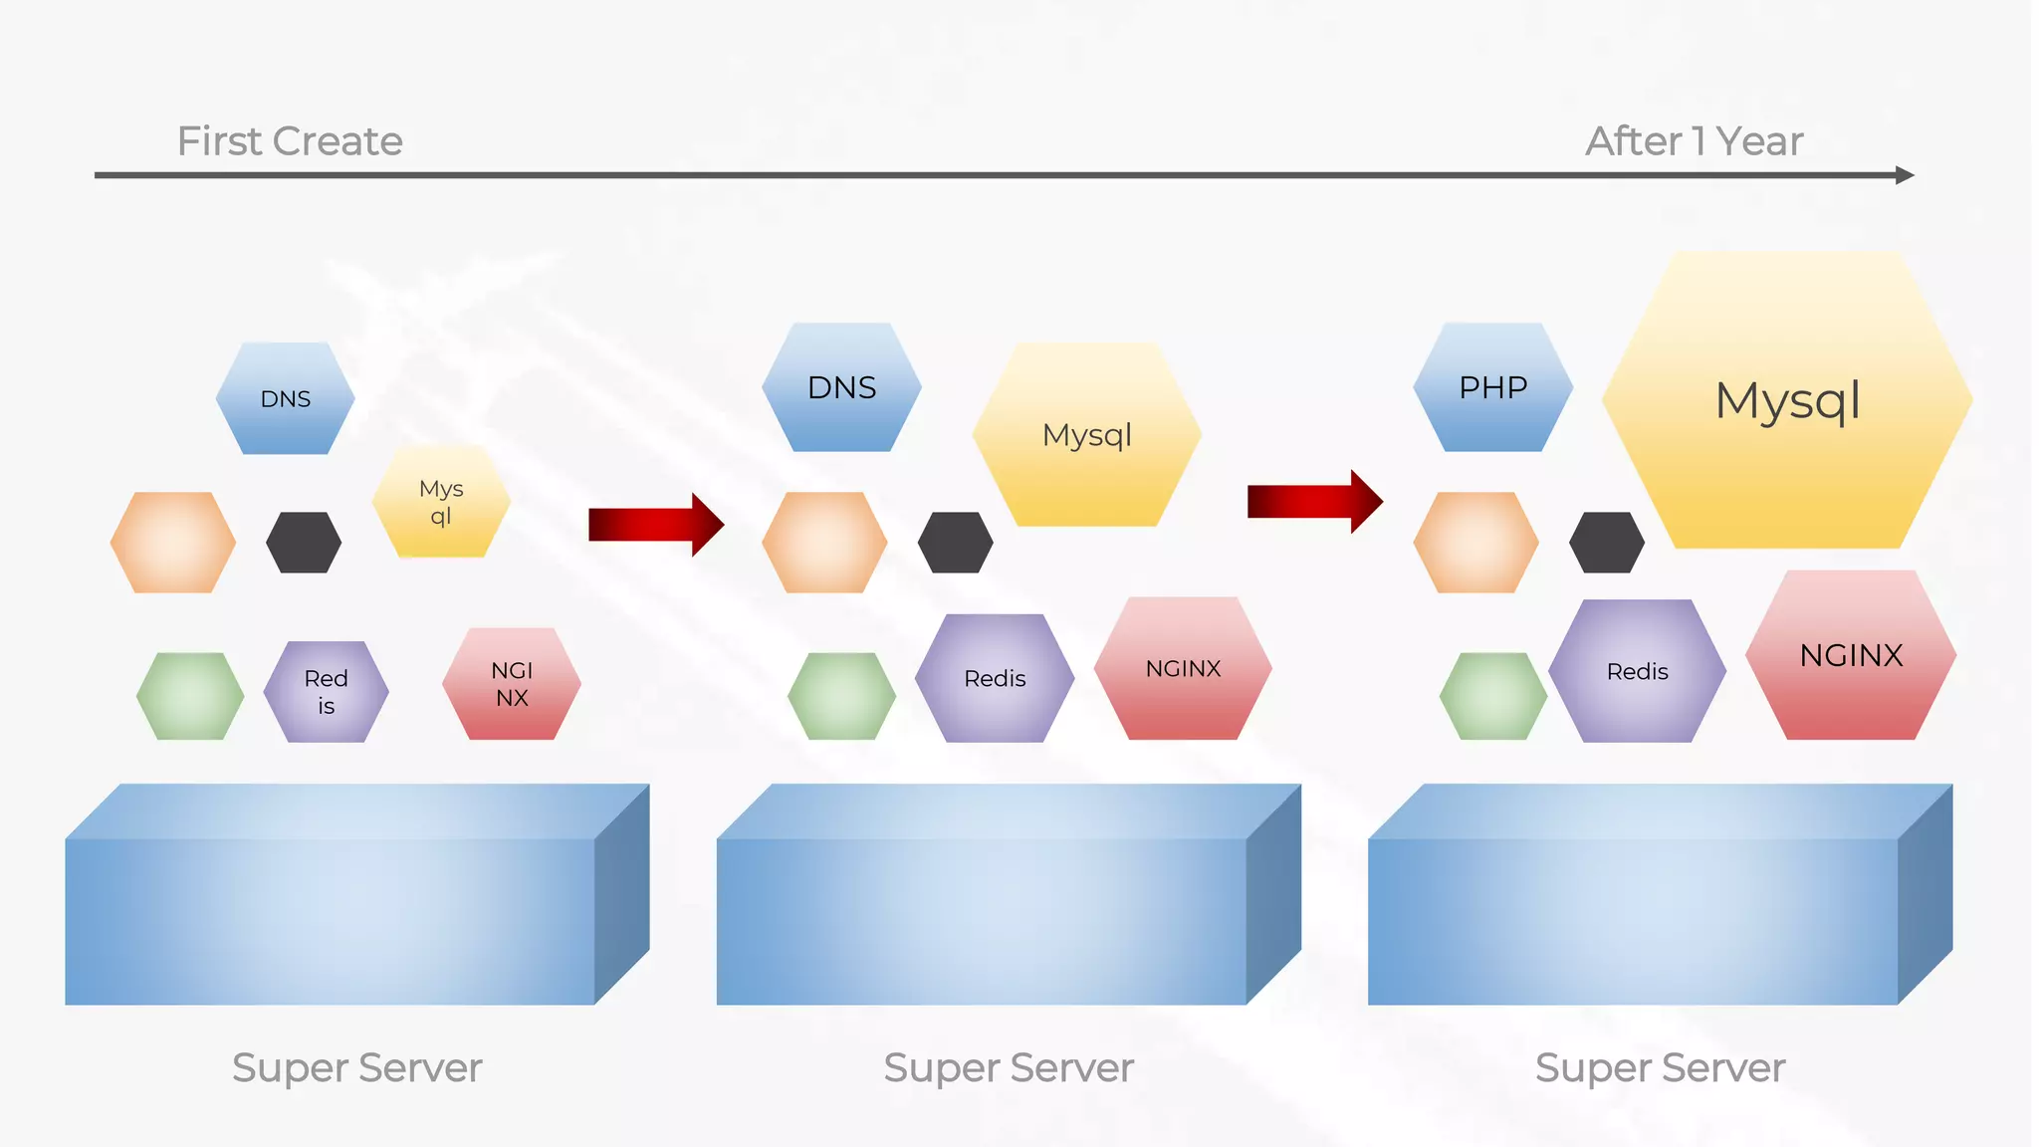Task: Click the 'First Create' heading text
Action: tap(290, 141)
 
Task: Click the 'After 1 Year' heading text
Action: tap(1694, 141)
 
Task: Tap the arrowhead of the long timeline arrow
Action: tap(1904, 175)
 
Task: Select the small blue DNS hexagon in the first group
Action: tap(286, 398)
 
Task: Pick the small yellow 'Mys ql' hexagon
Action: tap(441, 502)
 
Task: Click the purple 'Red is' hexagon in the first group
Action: tap(327, 692)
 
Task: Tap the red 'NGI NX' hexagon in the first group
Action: tap(512, 684)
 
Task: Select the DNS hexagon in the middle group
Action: tap(841, 387)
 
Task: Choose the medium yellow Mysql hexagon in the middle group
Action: tap(1086, 435)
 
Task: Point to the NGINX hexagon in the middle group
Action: tap(1183, 669)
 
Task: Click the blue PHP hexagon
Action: tap(1492, 387)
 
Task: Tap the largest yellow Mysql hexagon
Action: tap(1787, 400)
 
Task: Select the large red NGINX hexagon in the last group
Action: tap(1851, 656)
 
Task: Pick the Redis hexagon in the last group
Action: tap(1637, 672)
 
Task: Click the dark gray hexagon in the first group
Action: tap(304, 543)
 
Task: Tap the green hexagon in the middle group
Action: tap(841, 696)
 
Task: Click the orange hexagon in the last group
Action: tap(1475, 543)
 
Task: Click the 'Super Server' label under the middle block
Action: tap(1008, 1068)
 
